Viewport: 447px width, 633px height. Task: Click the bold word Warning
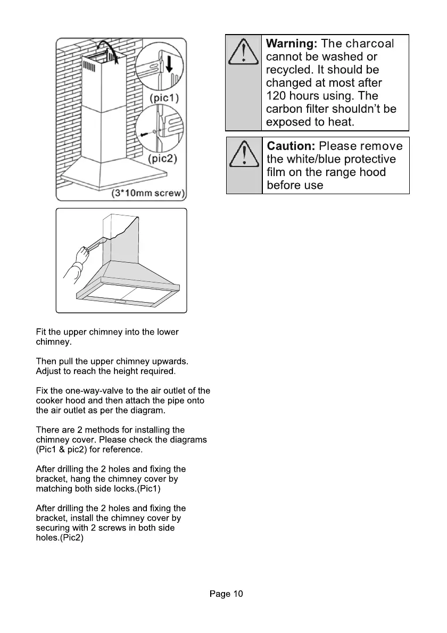(x=291, y=44)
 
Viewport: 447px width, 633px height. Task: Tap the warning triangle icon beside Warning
(x=243, y=52)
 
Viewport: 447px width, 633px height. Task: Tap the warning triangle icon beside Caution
(x=244, y=154)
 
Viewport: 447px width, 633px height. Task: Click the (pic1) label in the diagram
(x=164, y=98)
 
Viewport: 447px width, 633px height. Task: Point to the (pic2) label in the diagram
(x=162, y=159)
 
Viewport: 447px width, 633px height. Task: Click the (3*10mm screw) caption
(x=148, y=193)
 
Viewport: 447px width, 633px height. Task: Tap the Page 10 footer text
(x=226, y=594)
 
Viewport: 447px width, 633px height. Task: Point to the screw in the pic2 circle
(x=144, y=135)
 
